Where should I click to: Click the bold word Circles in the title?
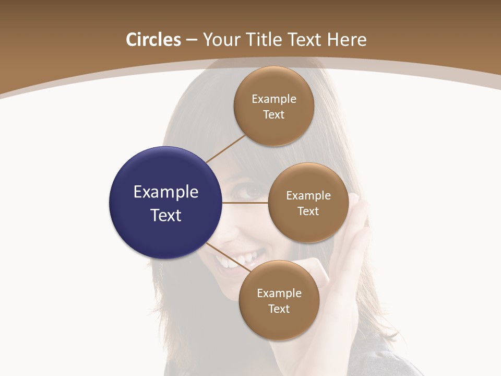click(x=153, y=40)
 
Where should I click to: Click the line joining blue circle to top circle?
click(x=225, y=149)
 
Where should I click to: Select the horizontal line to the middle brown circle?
click(x=245, y=203)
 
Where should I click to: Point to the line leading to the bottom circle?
click(x=229, y=256)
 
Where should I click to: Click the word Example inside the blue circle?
click(x=166, y=192)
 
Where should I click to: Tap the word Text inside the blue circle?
click(x=166, y=215)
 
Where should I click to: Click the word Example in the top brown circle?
click(x=273, y=99)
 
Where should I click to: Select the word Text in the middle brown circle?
click(x=308, y=211)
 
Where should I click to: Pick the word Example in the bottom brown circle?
click(x=279, y=293)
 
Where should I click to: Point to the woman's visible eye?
click(x=254, y=192)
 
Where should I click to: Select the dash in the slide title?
click(x=191, y=40)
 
